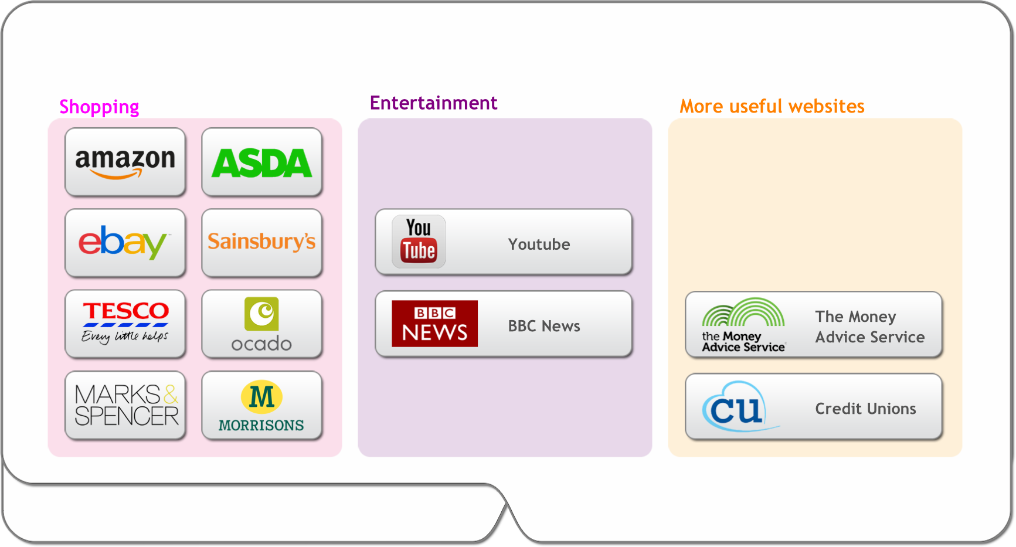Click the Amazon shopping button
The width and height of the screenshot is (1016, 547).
(125, 162)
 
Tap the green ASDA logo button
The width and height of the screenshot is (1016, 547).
(261, 162)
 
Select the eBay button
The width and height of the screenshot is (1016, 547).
(125, 243)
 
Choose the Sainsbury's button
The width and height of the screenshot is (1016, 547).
(261, 243)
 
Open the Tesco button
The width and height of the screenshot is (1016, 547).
(125, 324)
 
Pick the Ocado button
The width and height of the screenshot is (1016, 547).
(261, 324)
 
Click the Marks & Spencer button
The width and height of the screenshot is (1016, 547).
(125, 405)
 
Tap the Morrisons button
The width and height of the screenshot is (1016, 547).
(261, 405)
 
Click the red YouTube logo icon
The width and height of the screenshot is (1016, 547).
(419, 242)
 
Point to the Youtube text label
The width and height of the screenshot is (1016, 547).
(539, 244)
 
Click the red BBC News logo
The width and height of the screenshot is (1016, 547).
(434, 324)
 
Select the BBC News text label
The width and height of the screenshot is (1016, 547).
(544, 326)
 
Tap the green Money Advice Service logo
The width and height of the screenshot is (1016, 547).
(743, 325)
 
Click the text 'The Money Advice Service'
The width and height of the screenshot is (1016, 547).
(869, 327)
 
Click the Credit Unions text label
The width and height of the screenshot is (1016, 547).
(865, 409)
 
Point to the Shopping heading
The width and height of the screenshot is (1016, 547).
(99, 107)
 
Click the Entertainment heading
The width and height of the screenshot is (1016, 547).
(433, 103)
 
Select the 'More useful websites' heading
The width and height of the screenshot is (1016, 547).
(772, 106)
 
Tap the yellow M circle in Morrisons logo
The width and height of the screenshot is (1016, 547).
(261, 396)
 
